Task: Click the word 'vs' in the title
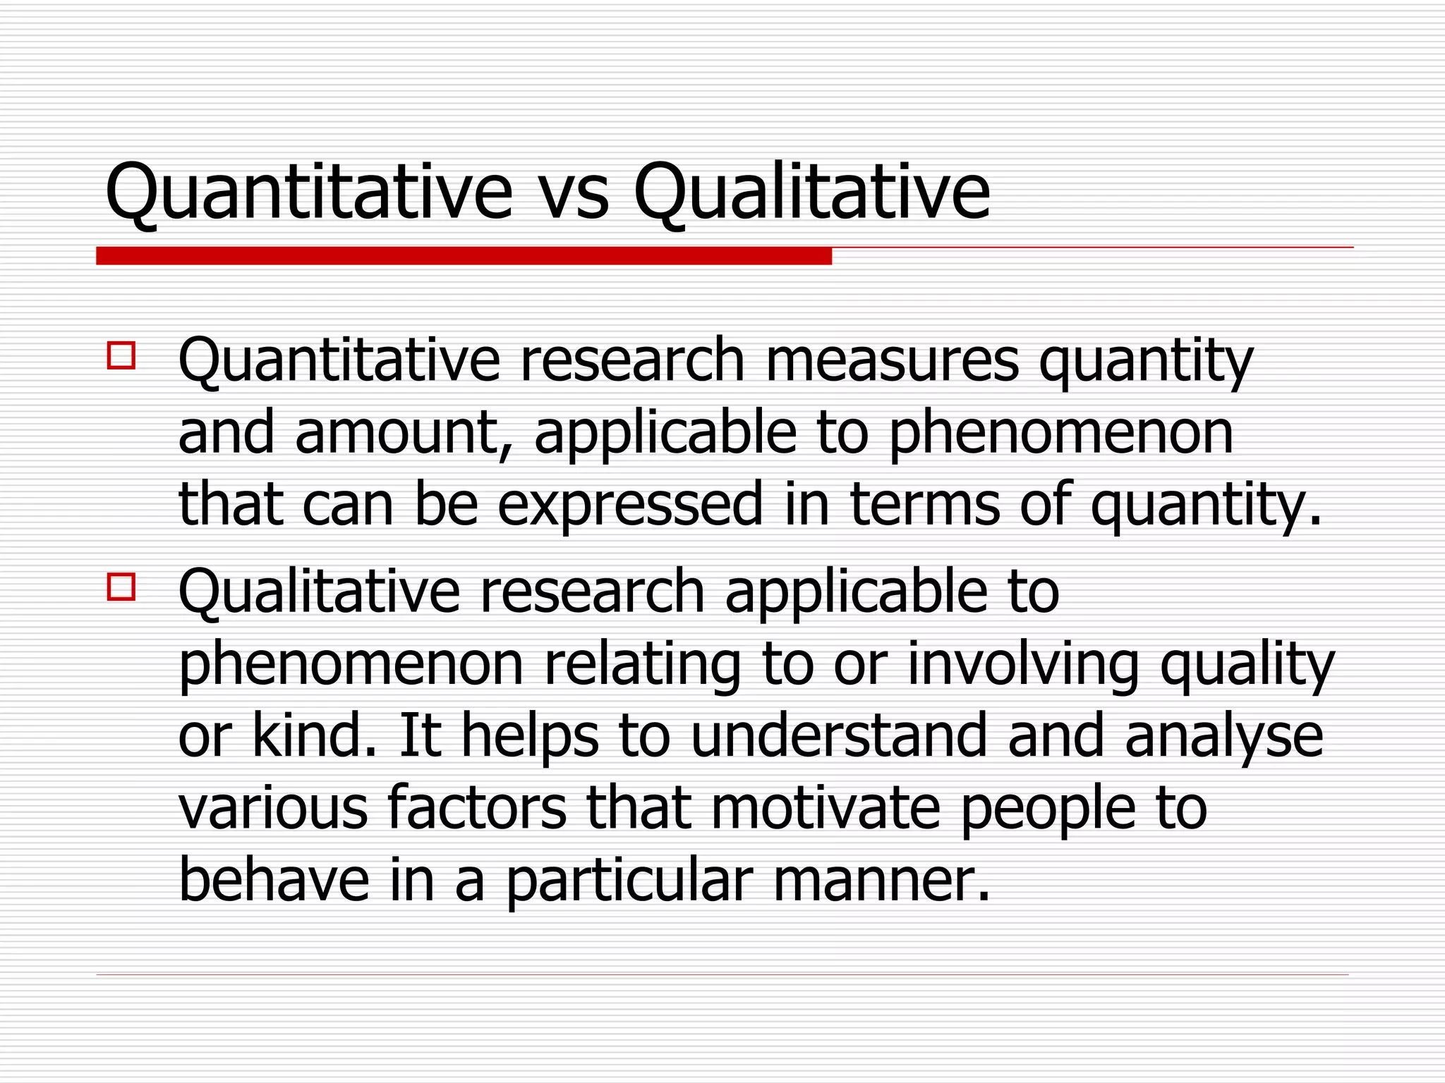click(573, 192)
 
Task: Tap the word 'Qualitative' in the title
click(811, 192)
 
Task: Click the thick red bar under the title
click(464, 256)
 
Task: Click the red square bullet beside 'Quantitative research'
click(121, 355)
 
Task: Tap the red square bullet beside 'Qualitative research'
click(121, 586)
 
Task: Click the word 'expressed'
click(630, 505)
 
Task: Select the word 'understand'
click(839, 735)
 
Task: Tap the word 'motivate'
click(826, 808)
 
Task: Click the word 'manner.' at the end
click(882, 881)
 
